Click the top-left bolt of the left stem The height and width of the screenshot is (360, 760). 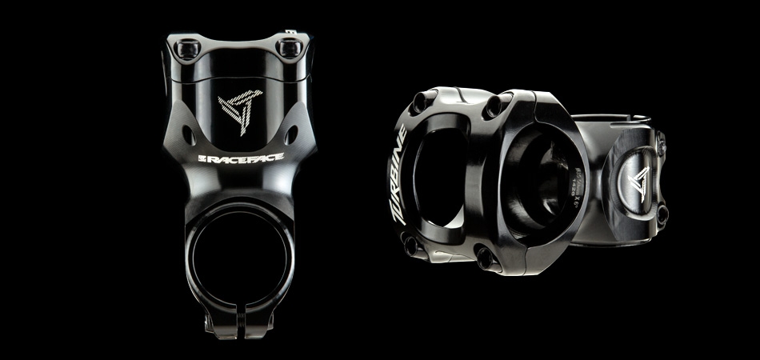click(x=189, y=49)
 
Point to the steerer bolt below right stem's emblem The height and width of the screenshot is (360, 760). click(x=662, y=213)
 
